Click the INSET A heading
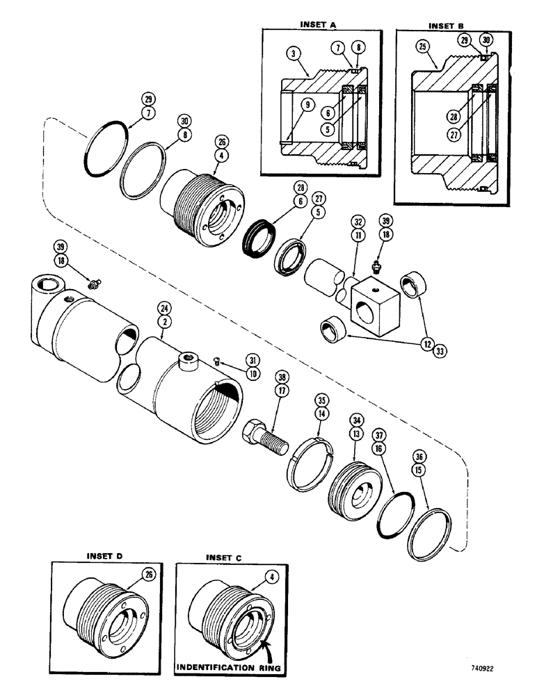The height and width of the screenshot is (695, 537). pos(318,24)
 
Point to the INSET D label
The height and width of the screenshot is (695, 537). pos(104,556)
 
